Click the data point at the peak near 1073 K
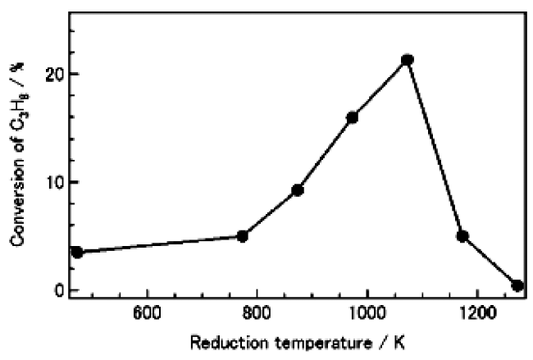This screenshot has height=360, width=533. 407,60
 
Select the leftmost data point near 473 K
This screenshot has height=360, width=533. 77,252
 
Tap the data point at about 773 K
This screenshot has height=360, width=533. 242,236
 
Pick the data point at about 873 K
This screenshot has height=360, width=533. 298,190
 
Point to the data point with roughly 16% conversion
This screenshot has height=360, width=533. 353,117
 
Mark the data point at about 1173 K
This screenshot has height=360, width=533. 462,236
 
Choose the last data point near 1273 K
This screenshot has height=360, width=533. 517,285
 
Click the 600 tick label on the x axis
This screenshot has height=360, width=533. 147,312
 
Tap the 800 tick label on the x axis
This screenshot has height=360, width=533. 257,312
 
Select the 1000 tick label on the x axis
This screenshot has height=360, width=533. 367,312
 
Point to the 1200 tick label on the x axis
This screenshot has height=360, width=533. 476,312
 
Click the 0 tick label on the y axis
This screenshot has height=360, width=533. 60,290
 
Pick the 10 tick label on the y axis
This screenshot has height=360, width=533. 55,182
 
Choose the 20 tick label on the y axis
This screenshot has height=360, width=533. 55,74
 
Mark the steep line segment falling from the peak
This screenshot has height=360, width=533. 435,148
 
